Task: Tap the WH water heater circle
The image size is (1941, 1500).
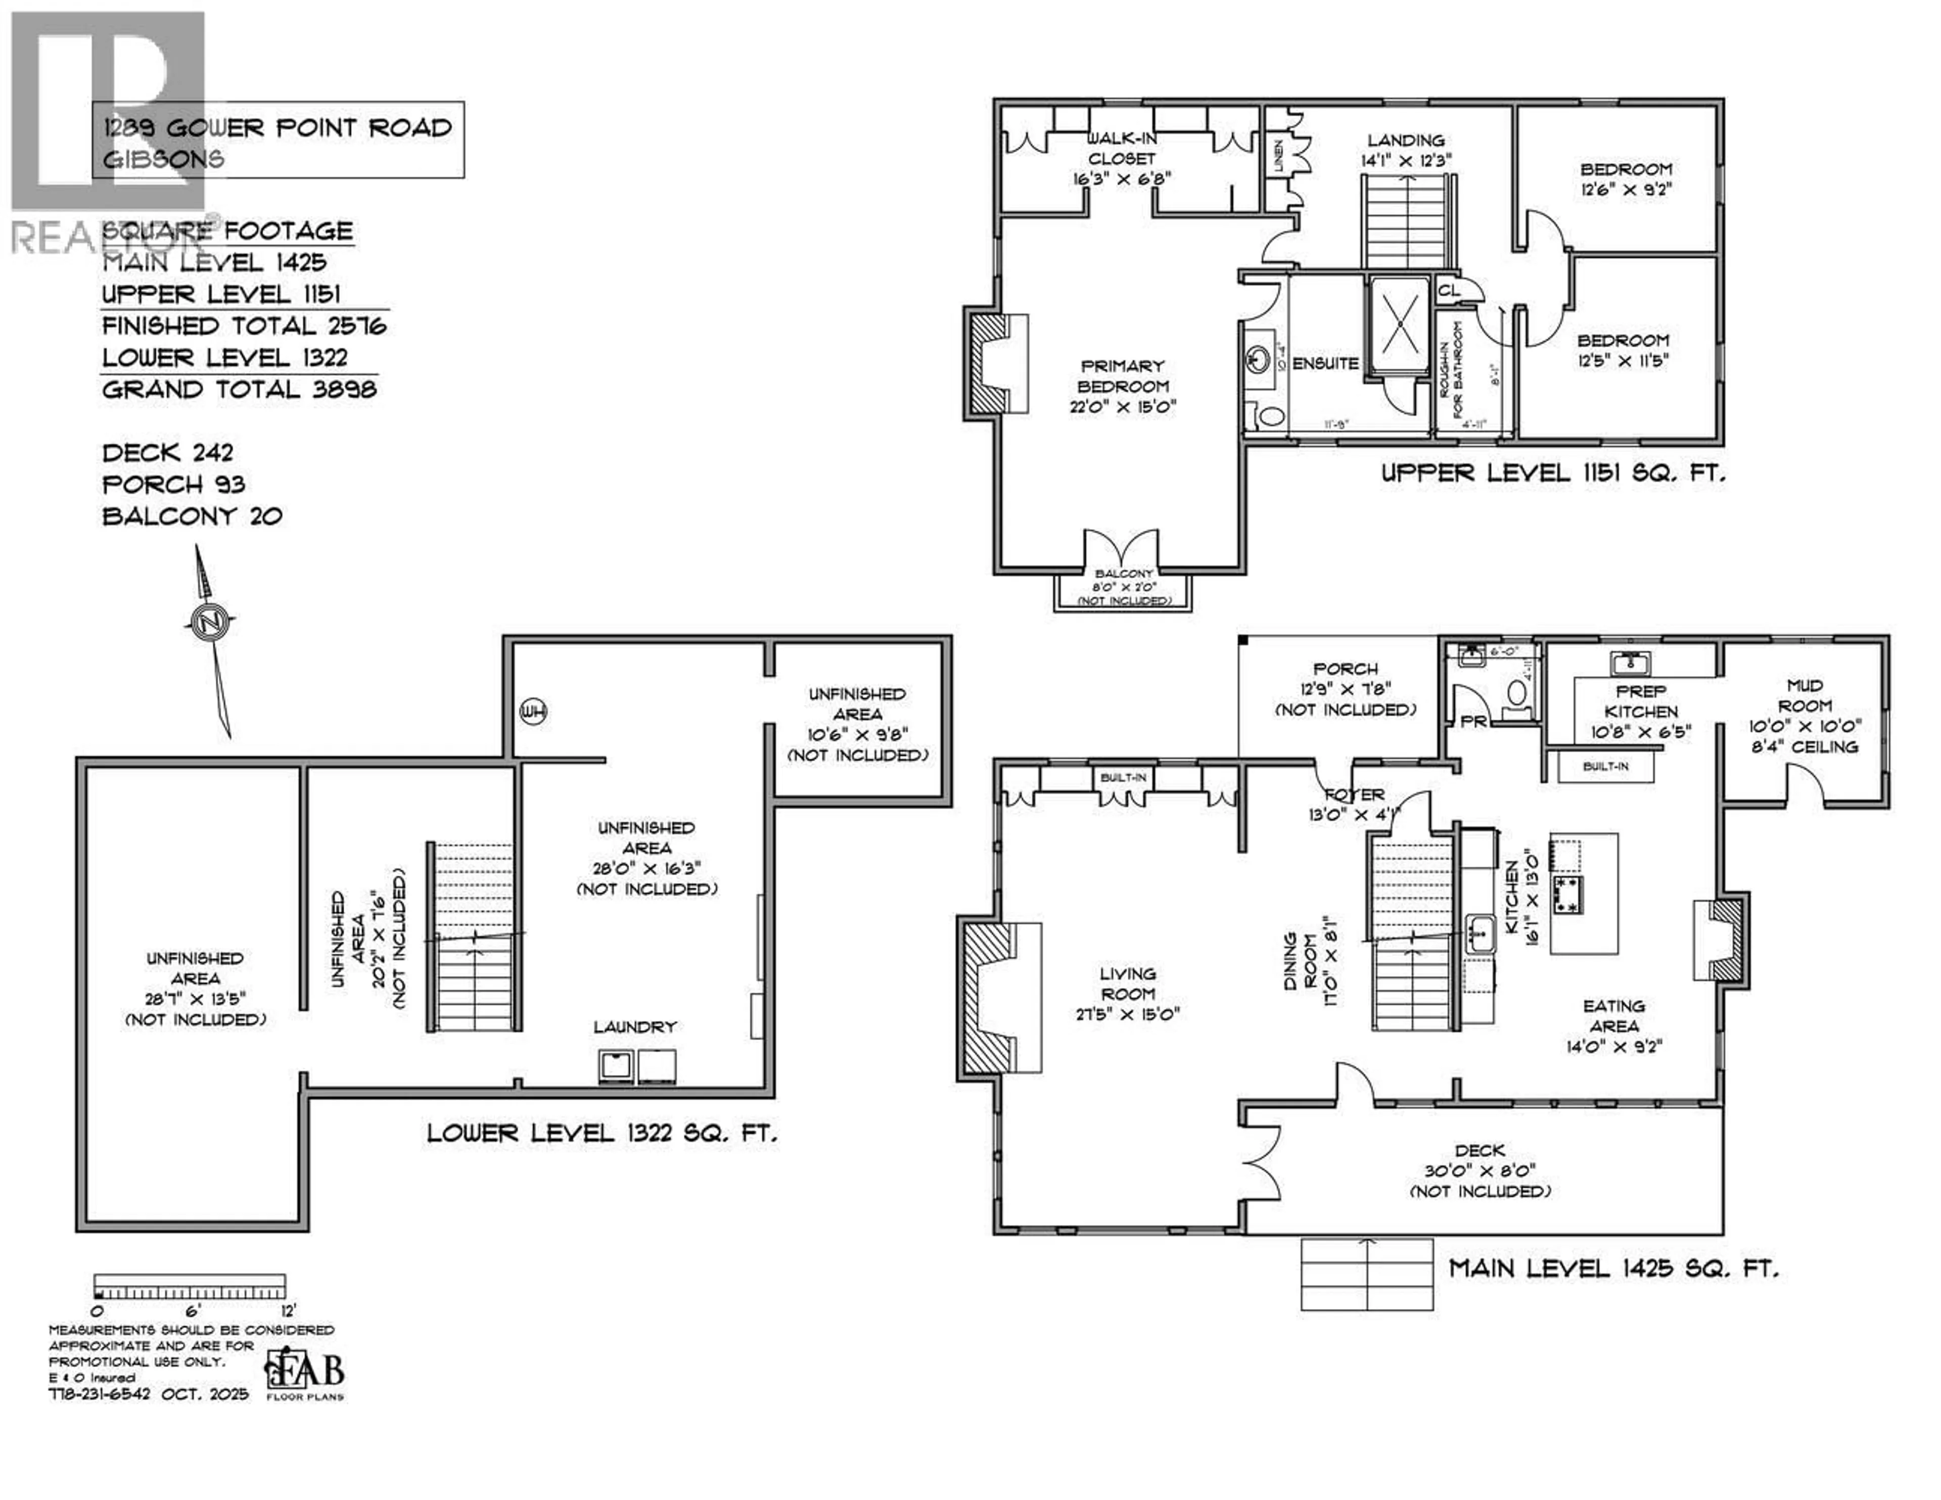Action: [x=533, y=711]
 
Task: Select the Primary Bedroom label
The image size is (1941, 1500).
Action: [x=1123, y=386]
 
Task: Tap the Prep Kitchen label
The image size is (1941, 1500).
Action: [x=1641, y=712]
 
